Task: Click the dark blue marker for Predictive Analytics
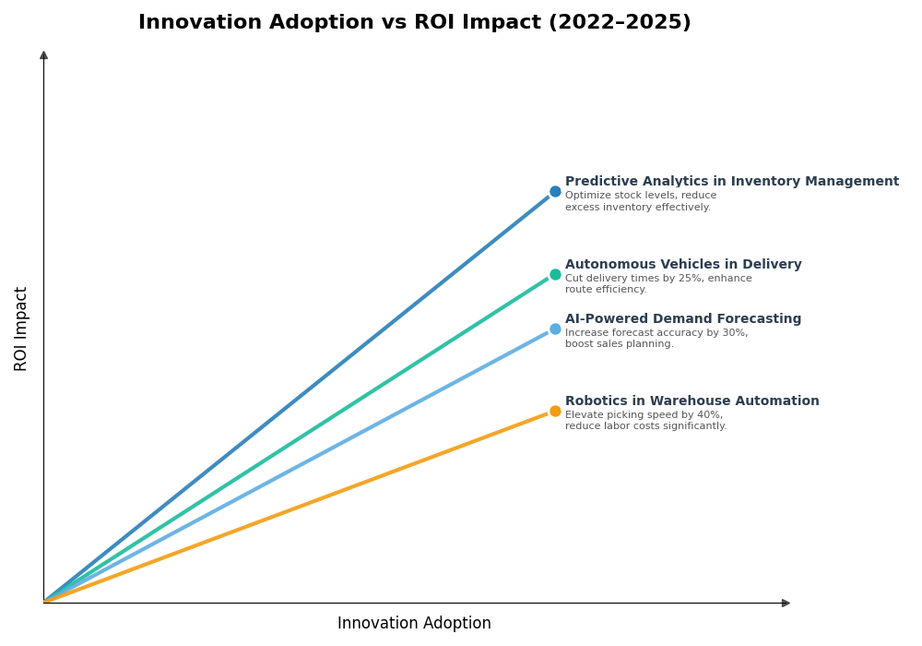click(555, 192)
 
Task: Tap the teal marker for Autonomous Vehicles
click(555, 274)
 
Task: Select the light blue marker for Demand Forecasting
click(555, 329)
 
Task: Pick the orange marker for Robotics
click(555, 411)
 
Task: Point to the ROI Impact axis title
click(21, 329)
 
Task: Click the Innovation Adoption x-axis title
click(414, 624)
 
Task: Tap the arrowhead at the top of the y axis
click(43, 55)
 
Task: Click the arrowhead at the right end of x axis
click(786, 603)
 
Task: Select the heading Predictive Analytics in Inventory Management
click(731, 182)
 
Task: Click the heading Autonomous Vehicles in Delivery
click(683, 265)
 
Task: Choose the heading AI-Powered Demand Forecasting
click(683, 319)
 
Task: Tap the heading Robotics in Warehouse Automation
click(691, 401)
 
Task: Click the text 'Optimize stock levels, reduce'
click(640, 196)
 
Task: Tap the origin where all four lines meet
click(44, 602)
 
